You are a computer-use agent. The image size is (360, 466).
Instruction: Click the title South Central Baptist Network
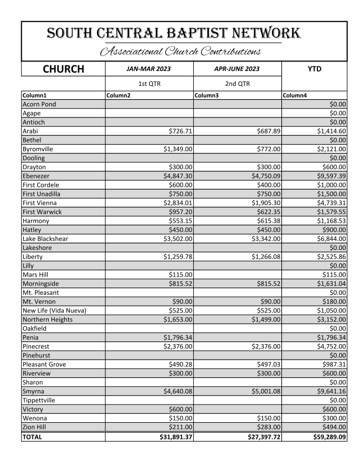pyautogui.click(x=174, y=33)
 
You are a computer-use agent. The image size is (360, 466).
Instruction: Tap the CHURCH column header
pyautogui.click(x=63, y=69)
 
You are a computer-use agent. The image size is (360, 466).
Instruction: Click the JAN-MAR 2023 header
pyautogui.click(x=149, y=69)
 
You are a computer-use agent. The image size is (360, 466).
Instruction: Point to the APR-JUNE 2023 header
pyautogui.click(x=238, y=69)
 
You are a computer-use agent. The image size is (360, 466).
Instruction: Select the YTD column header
pyautogui.click(x=314, y=69)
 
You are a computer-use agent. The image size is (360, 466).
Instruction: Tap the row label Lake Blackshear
pyautogui.click(x=46, y=238)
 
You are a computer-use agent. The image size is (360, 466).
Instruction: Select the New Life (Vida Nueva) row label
pyautogui.click(x=54, y=310)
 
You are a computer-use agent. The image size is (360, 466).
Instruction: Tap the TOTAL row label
pyautogui.click(x=33, y=437)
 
